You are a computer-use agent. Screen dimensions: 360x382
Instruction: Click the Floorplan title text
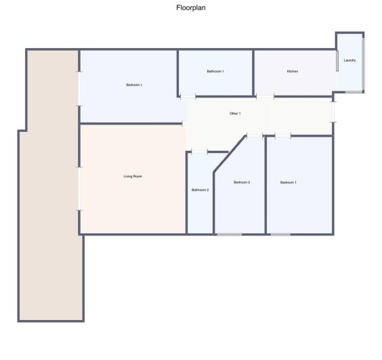point(190,8)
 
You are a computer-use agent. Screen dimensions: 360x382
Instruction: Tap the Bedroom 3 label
point(133,85)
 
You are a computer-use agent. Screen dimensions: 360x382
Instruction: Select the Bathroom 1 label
point(215,71)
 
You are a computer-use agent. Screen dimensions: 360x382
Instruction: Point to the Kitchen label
point(293,71)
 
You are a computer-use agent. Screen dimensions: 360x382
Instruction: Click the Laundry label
point(349,60)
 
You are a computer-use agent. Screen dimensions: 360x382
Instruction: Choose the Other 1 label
point(235,113)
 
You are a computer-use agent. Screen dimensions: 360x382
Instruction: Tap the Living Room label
point(133,176)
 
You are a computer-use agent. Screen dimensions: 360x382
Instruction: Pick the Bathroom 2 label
point(200,189)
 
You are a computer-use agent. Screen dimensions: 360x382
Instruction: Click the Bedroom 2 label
point(242,182)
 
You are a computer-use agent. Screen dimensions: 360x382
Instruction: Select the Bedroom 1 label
point(289,182)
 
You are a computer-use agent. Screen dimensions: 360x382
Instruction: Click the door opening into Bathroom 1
point(188,97)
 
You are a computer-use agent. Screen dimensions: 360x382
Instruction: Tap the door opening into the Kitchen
point(265,97)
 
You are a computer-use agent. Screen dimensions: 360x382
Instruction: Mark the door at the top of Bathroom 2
point(199,152)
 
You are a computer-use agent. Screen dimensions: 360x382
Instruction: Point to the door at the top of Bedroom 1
point(282,136)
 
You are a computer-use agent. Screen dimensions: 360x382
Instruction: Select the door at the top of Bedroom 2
point(254,136)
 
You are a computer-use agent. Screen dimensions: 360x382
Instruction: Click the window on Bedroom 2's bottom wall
point(229,234)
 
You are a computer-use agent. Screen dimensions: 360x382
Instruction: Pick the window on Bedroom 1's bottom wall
point(280,234)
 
